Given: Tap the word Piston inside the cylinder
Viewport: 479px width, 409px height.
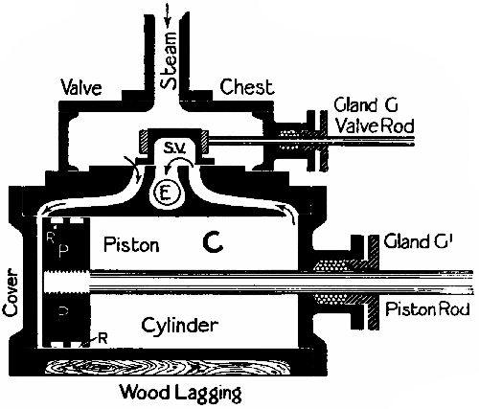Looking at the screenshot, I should point(132,245).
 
